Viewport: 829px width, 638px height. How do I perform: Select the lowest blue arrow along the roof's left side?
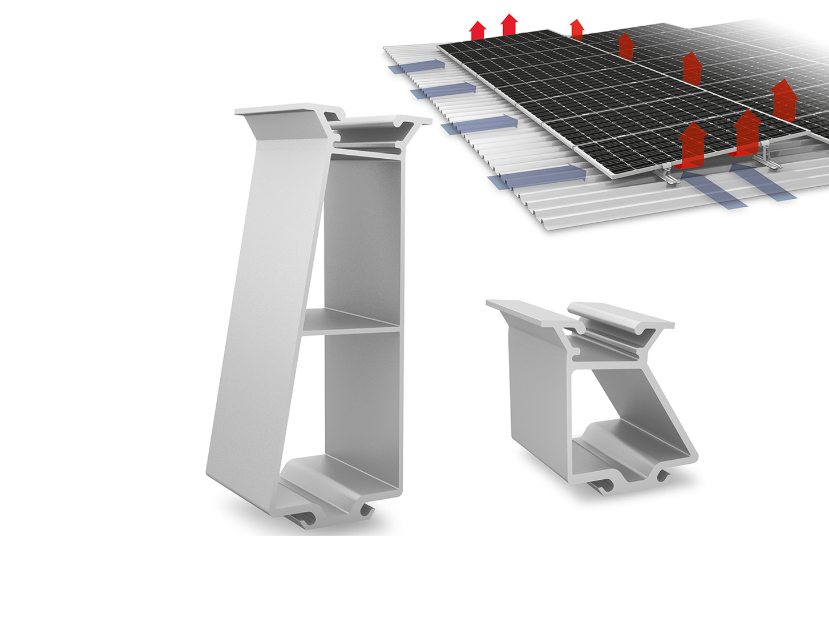pyautogui.click(x=536, y=176)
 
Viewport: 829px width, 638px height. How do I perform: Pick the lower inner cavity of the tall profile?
pyautogui.click(x=362, y=400)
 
